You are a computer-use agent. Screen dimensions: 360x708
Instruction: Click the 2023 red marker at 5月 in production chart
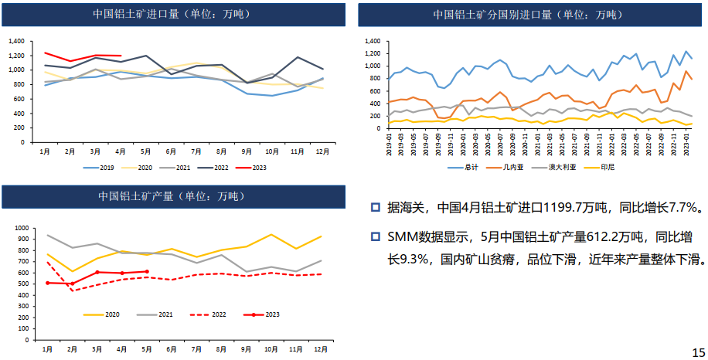click(x=147, y=271)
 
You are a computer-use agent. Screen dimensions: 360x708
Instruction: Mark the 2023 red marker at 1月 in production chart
click(x=48, y=283)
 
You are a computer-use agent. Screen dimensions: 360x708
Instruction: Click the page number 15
click(x=697, y=352)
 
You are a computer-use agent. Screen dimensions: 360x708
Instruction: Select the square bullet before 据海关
click(x=375, y=207)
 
